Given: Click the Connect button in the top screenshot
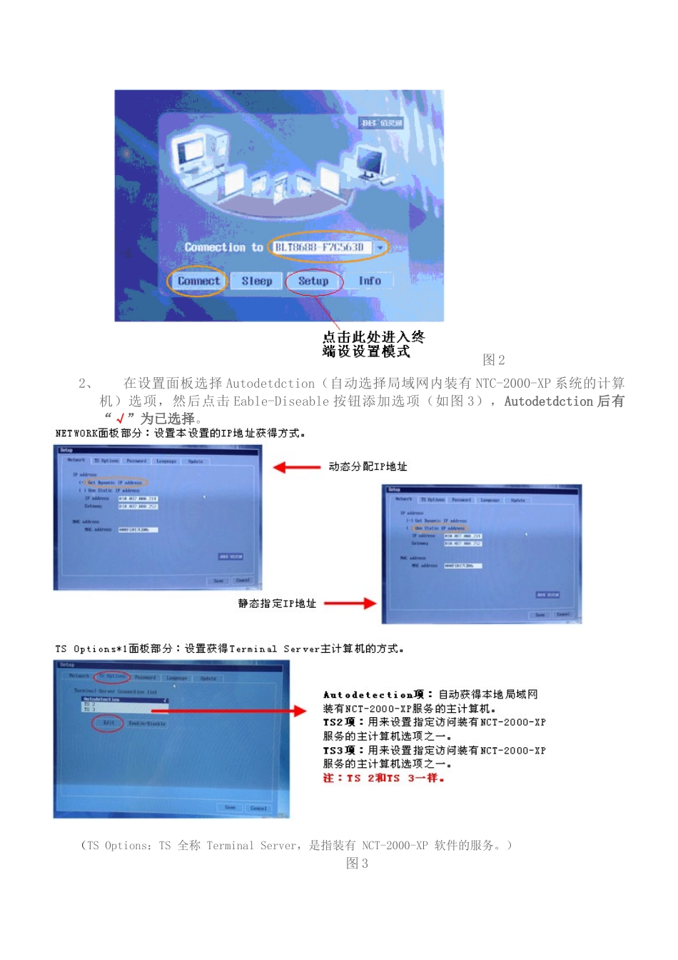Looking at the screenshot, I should pyautogui.click(x=198, y=281).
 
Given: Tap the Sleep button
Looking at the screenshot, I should pyautogui.click(x=256, y=281).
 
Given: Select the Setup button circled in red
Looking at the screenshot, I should pyautogui.click(x=313, y=281).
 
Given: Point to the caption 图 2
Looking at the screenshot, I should pyautogui.click(x=493, y=360).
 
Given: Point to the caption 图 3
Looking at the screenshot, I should pyautogui.click(x=357, y=864).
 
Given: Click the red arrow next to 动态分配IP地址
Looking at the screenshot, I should pyautogui.click(x=297, y=467).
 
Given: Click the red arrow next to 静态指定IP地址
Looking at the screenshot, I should pyautogui.click(x=350, y=604).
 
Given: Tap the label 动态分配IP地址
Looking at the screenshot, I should pyautogui.click(x=368, y=467).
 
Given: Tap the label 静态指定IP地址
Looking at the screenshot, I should pyautogui.click(x=277, y=604).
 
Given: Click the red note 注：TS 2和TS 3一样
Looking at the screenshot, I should pyautogui.click(x=384, y=779).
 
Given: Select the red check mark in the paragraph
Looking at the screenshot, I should pyautogui.click(x=120, y=419).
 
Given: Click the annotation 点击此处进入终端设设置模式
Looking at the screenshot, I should pyautogui.click(x=373, y=344).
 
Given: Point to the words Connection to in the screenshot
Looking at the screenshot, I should pyautogui.click(x=223, y=248).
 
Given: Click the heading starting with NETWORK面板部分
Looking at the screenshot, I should pyautogui.click(x=180, y=434).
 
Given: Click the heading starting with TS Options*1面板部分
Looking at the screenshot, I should pyautogui.click(x=229, y=649).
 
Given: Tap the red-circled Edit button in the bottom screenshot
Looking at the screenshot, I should pyautogui.click(x=108, y=723).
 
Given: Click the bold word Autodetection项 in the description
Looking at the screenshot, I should pyautogui.click(x=373, y=695).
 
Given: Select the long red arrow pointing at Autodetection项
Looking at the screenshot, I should pyautogui.click(x=236, y=711).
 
